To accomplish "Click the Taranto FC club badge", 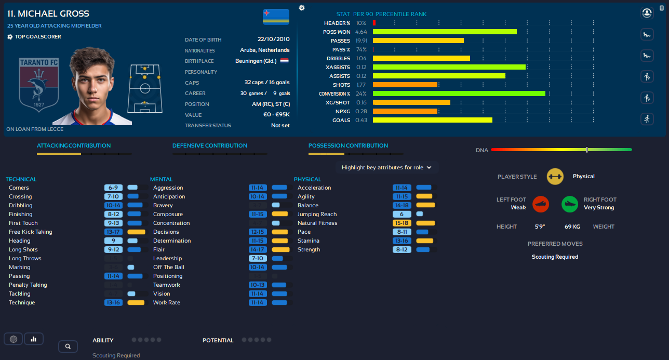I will [x=38, y=83].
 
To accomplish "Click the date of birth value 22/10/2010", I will [x=274, y=39].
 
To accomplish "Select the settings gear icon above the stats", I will [x=302, y=8].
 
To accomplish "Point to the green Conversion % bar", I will [x=459, y=94].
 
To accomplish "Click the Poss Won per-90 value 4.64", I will [x=361, y=32].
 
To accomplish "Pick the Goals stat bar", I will [x=432, y=120].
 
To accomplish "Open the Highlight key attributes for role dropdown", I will [x=386, y=167].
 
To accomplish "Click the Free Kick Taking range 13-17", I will [x=113, y=232].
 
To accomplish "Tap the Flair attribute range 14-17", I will [x=258, y=249].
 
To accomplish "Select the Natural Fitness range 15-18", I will [x=402, y=223].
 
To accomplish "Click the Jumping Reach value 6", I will [x=402, y=214].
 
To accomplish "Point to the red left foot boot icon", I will [x=541, y=204].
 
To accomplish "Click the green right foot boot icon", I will [x=570, y=204].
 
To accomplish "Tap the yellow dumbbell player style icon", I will [x=555, y=177].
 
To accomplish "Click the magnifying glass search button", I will [x=68, y=346].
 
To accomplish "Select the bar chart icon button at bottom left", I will [x=34, y=339].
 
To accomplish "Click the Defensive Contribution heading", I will [x=210, y=145].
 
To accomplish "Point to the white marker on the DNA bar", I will [x=587, y=150].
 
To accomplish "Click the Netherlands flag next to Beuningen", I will [x=284, y=61].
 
